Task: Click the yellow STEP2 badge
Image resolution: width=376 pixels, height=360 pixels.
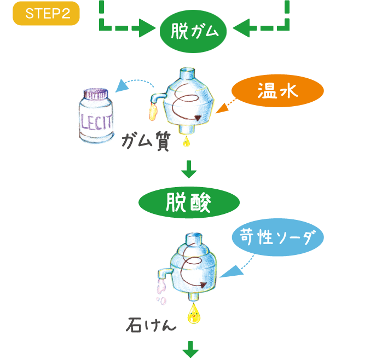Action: point(46,14)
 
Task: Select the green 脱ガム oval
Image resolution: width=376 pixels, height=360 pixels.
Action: point(194,32)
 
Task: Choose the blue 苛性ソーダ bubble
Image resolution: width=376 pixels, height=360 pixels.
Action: point(277,238)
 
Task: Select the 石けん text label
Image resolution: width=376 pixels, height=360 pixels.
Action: point(151,326)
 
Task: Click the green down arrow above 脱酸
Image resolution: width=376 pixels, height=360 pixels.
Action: point(189,170)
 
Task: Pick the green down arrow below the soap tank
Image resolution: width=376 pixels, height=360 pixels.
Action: point(190,349)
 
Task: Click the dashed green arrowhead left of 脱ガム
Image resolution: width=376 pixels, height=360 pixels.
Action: point(147,27)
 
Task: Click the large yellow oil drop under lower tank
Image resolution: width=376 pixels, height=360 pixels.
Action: point(193,316)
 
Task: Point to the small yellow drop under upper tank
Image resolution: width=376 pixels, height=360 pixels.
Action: point(186,142)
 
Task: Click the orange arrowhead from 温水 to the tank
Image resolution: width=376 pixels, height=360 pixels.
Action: point(221,111)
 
